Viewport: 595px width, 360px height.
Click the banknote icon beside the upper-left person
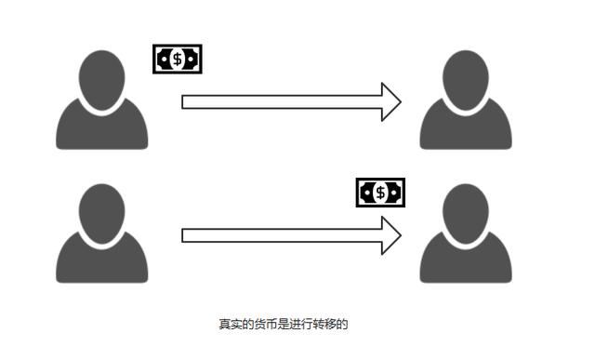point(177,60)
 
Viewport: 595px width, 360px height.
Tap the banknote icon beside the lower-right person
point(380,193)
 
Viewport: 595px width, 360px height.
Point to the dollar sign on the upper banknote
point(177,60)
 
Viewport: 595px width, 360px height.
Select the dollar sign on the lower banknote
point(380,193)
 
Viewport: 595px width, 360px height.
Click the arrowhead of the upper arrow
point(391,101)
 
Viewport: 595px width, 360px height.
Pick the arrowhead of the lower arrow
point(391,235)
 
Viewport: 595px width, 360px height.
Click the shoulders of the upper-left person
point(101,130)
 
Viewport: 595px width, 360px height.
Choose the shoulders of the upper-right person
point(466,130)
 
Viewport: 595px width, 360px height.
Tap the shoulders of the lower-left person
point(101,264)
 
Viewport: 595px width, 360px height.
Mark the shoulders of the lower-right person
point(466,264)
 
